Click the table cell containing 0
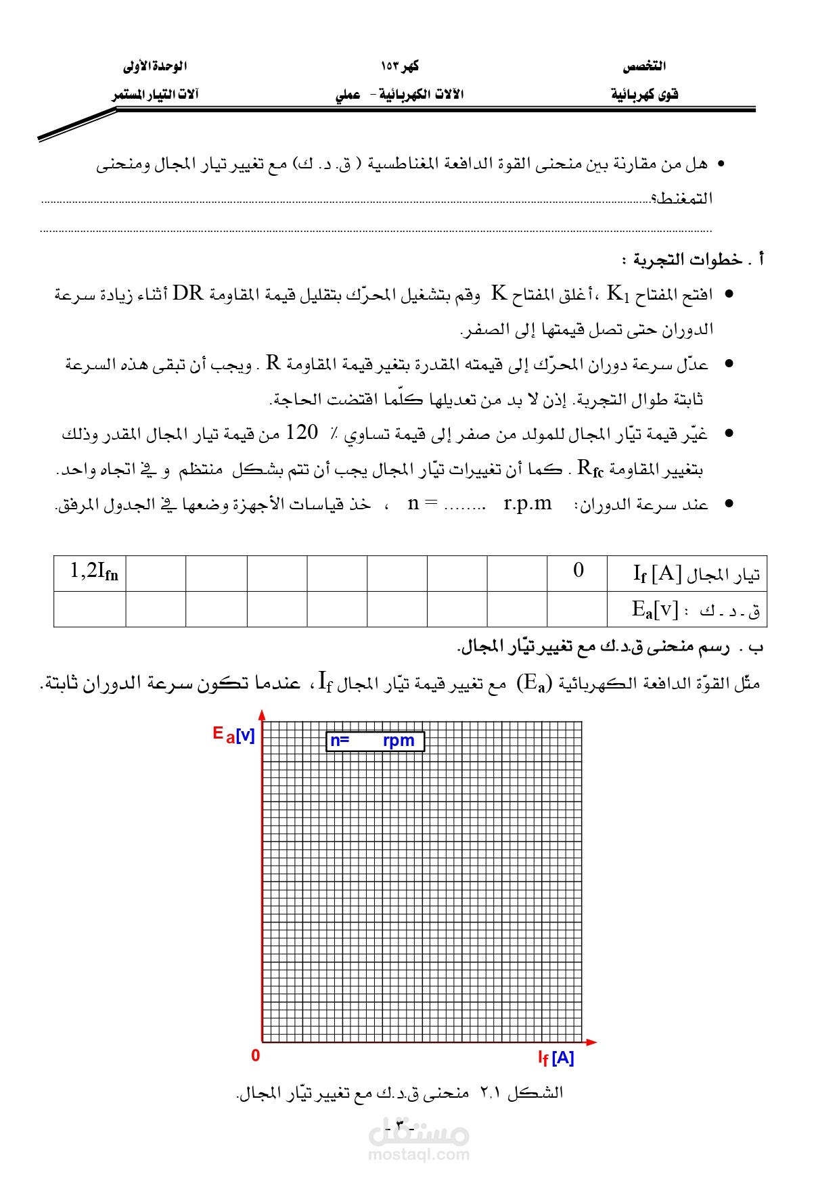[577, 572]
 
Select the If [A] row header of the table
[687, 574]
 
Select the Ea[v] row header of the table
[687, 610]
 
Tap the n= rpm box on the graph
[375, 741]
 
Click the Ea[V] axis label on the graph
[233, 735]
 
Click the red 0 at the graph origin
[255, 1056]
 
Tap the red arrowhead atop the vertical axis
[262, 715]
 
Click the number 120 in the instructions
[302, 432]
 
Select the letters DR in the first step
[187, 294]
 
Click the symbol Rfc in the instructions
[590, 469]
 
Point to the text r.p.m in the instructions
[528, 504]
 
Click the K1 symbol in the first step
[618, 294]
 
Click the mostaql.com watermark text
[419, 1155]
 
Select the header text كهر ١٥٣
[400, 66]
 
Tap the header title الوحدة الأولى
[155, 66]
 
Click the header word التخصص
[644, 66]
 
